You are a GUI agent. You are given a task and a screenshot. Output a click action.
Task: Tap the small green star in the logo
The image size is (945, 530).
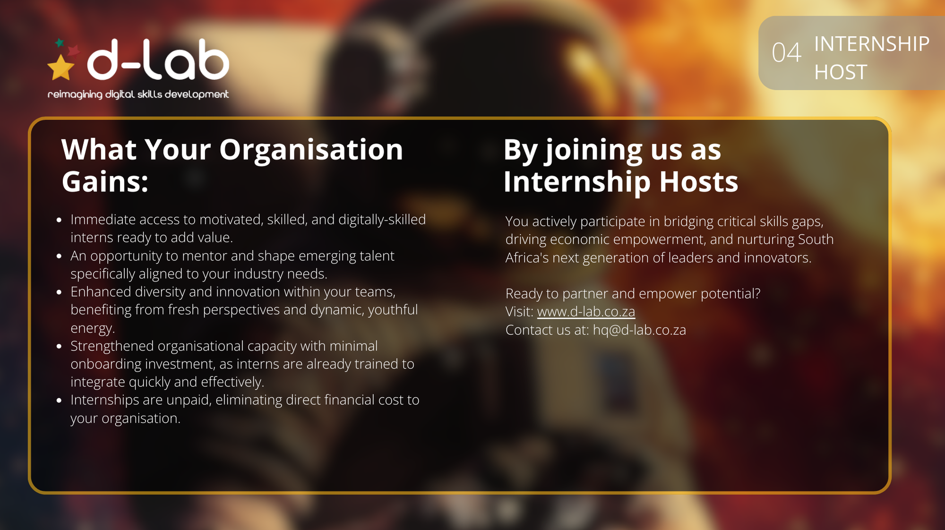[60, 43]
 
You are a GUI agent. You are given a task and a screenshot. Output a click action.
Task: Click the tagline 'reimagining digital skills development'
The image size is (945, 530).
[138, 94]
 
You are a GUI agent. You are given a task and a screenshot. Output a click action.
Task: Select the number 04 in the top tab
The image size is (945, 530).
[786, 52]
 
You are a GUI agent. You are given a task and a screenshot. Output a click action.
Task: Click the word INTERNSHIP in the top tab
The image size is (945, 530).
[872, 44]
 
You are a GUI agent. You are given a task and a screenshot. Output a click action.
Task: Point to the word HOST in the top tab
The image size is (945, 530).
[841, 72]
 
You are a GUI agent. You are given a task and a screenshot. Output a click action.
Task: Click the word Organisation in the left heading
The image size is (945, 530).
[311, 150]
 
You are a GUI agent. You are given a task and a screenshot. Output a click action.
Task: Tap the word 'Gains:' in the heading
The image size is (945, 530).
[105, 181]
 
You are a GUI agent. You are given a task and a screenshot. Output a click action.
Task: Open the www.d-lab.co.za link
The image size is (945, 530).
[586, 312]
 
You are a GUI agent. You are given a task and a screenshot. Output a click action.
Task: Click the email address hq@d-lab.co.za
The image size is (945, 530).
[639, 330]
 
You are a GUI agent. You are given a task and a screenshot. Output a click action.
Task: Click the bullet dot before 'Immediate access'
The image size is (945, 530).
[59, 220]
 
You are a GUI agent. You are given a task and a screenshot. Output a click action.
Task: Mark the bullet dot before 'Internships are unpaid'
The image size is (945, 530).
[59, 401]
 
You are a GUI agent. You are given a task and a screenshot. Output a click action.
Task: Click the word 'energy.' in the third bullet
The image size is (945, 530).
[93, 328]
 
